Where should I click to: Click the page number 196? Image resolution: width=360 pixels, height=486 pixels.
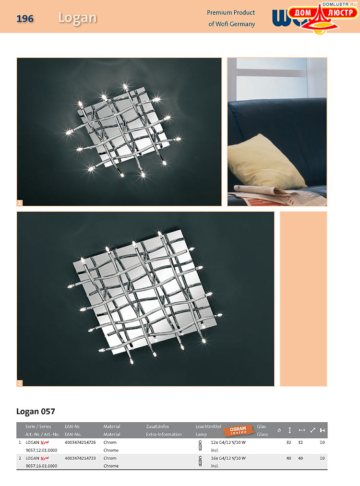(25, 19)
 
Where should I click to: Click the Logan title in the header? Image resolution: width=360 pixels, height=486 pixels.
(77, 18)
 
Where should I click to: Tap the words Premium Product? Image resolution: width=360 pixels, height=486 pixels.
(231, 12)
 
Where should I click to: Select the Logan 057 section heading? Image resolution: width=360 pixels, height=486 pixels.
(36, 411)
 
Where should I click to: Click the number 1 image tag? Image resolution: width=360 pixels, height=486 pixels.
(20, 203)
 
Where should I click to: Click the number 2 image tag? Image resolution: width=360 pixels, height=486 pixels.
(20, 383)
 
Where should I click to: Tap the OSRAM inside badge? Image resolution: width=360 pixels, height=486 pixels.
(238, 430)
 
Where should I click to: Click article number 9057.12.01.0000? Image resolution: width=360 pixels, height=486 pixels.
(41, 450)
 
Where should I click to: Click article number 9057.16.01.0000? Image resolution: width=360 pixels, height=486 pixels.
(41, 466)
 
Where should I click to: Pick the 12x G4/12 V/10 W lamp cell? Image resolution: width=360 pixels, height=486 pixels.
(228, 442)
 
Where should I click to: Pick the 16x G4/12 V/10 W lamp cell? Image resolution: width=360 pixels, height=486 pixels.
(228, 458)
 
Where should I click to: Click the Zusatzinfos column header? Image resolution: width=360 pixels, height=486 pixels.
(157, 427)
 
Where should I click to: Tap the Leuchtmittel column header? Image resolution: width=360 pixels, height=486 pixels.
(208, 427)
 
